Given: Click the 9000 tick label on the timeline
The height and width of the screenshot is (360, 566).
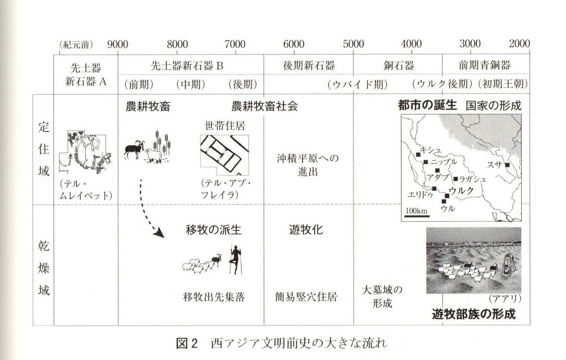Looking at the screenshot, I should coord(117,44).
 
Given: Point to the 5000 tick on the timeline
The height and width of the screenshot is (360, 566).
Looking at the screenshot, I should coord(353,44).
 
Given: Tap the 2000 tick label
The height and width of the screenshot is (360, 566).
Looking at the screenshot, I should coord(519,44).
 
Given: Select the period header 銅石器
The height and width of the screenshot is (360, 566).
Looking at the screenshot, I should coord(399,66).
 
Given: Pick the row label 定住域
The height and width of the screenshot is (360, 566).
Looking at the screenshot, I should coord(44,149).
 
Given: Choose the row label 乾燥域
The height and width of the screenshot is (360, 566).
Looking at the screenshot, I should coord(44,268).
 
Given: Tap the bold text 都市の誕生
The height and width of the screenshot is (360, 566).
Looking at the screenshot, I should coord(427,105).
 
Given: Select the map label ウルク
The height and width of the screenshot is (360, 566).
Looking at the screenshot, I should coord(461,191).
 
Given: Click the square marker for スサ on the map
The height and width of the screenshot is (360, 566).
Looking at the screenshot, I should coord(507,165).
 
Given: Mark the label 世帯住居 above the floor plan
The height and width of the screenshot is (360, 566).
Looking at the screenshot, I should coord(225,126).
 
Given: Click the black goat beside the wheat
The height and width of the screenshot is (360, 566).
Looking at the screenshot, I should coord(134,150).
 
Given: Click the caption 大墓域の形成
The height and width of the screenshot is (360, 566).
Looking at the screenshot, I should coord(382,297).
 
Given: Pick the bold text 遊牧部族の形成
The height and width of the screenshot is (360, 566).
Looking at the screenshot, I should coord(474,314).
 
